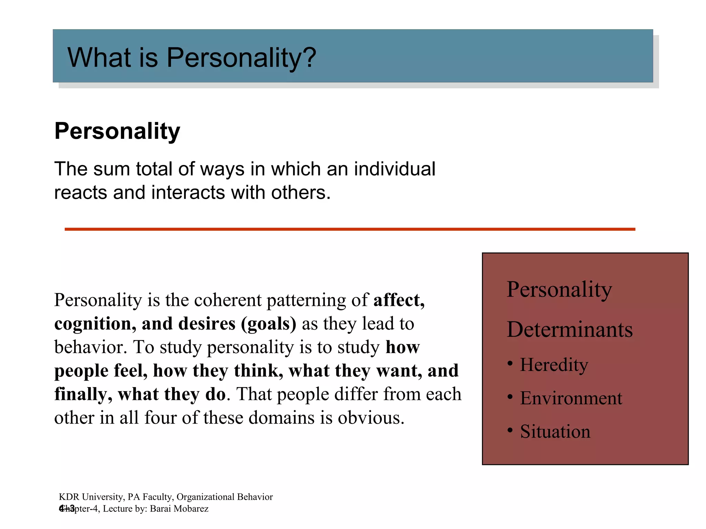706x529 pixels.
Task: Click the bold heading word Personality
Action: click(117, 131)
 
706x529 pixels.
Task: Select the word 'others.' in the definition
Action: click(301, 193)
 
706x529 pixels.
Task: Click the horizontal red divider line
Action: click(350, 229)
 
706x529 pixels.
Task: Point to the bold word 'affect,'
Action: click(399, 300)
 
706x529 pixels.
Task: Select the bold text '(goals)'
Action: click(269, 324)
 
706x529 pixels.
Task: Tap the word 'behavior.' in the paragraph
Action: click(91, 347)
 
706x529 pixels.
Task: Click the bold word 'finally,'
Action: click(83, 394)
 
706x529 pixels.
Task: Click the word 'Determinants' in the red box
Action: click(569, 330)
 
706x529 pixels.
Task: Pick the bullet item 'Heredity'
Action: click(554, 365)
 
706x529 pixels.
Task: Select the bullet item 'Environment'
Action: click(571, 398)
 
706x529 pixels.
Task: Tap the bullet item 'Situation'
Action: click(555, 432)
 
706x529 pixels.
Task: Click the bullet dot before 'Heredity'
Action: click(510, 363)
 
